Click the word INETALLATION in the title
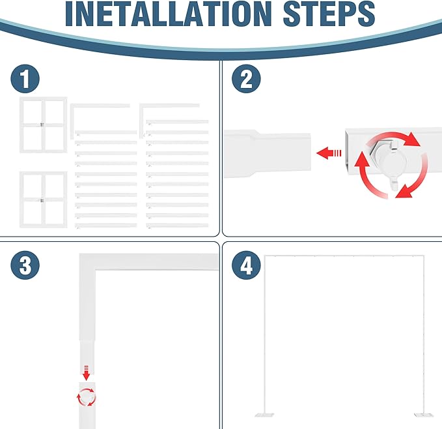pos(169,14)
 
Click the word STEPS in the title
pos(329,14)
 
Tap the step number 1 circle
pos(25,79)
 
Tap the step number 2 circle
pos(246,79)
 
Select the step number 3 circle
pos(25,265)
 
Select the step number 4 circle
pos(246,265)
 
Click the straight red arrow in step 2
pos(329,153)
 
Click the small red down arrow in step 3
pos(87,373)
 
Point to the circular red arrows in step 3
pos(87,397)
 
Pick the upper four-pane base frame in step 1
pos(44,125)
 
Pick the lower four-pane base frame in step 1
pos(44,200)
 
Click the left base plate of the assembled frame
pos(264,415)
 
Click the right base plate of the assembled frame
pos(423,415)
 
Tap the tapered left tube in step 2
pos(268,154)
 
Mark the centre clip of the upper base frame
pos(42,125)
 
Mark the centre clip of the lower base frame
pos(42,200)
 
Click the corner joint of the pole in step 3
pos(87,262)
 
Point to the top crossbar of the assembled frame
pos(344,256)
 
